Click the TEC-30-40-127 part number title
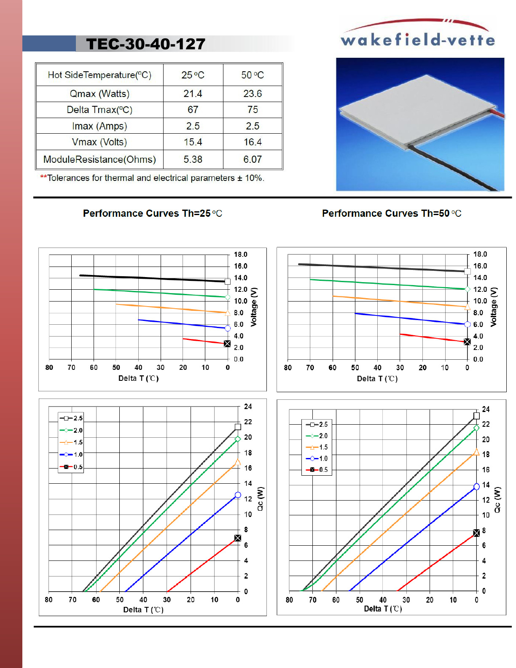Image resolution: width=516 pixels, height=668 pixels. [145, 44]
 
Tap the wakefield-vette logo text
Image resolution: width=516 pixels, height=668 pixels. [417, 40]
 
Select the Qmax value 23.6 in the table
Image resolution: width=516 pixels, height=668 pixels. [253, 94]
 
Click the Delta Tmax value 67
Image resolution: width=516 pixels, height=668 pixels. [193, 110]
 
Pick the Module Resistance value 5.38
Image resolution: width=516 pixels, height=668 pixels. [193, 159]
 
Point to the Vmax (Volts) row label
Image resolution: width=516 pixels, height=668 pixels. [99, 142]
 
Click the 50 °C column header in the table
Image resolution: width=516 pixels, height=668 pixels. [253, 75]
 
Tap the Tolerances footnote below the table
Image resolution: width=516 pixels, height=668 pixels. [152, 178]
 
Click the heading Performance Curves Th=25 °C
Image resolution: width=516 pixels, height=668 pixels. [152, 213]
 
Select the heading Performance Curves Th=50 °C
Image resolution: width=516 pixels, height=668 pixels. [391, 213]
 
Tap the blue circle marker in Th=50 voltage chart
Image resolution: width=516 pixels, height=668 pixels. [467, 324]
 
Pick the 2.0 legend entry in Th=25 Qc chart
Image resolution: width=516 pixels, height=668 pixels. [72, 430]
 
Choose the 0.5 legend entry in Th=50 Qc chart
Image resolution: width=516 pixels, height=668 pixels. [317, 469]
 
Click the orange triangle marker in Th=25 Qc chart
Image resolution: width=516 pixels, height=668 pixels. [238, 462]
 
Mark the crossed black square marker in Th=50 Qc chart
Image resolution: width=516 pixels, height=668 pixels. [476, 533]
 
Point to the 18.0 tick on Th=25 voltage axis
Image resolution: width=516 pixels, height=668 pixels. [241, 254]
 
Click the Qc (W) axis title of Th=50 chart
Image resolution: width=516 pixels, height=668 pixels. [497, 500]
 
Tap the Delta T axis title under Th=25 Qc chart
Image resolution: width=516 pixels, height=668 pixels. [143, 610]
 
